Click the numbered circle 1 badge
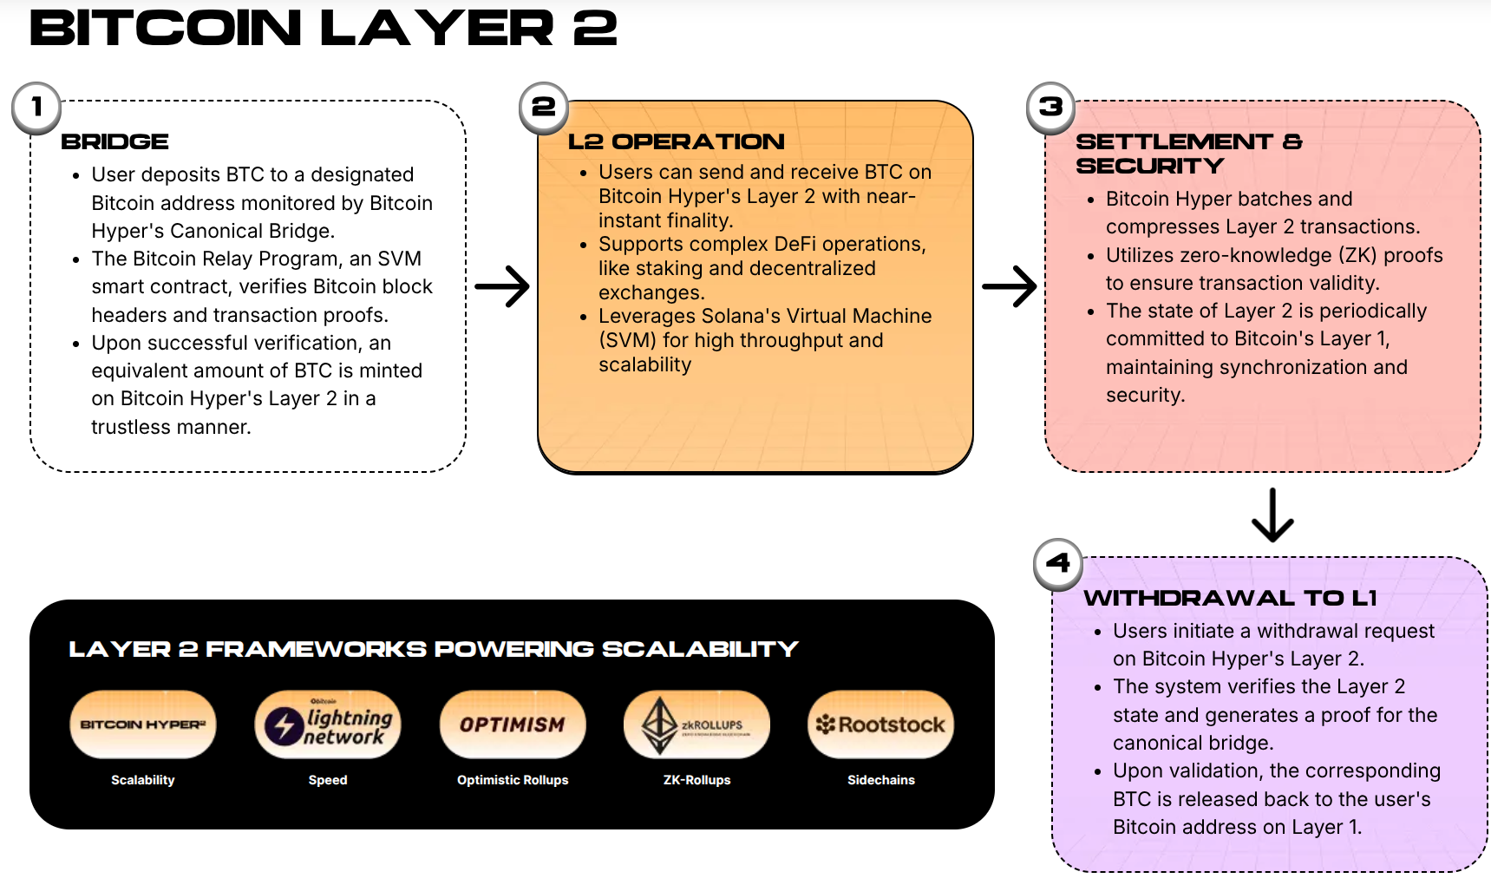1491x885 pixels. [x=36, y=108]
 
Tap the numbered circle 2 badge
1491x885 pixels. [x=544, y=108]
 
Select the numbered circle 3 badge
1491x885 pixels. [x=1051, y=108]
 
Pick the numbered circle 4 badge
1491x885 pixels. [x=1058, y=564]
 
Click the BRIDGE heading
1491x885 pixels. [x=114, y=141]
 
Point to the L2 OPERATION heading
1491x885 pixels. [x=676, y=141]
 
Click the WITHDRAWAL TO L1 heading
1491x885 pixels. [x=1230, y=598]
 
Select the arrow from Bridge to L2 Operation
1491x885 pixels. [x=502, y=287]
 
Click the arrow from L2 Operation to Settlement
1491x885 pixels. [x=1010, y=287]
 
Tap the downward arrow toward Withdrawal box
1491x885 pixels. [x=1272, y=515]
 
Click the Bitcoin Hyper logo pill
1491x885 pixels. [x=143, y=724]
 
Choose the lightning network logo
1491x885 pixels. [x=328, y=724]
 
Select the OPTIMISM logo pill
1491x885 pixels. [x=513, y=724]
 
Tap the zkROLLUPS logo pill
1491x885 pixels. [x=696, y=724]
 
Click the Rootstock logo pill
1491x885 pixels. [x=881, y=724]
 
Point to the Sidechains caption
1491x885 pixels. [x=881, y=780]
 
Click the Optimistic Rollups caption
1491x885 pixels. [x=513, y=780]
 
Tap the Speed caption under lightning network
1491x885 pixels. [x=328, y=780]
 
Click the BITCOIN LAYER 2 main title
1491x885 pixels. [x=324, y=29]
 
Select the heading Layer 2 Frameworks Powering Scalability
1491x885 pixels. [x=434, y=649]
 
